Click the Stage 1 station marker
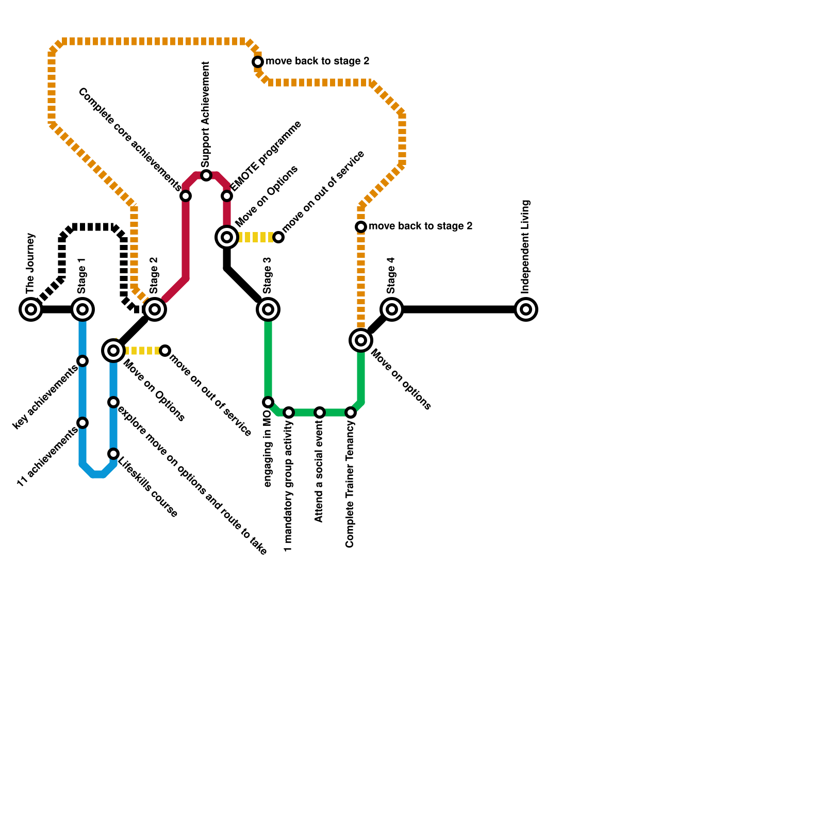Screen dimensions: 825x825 [82, 309]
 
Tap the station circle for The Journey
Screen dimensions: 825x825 [31, 309]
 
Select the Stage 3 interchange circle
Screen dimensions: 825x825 [268, 309]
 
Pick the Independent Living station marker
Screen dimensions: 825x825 [526, 309]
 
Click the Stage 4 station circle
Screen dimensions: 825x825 [392, 309]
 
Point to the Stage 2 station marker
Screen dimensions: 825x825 [155, 309]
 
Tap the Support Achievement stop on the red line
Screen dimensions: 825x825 [206, 175]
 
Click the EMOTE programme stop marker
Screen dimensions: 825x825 [227, 196]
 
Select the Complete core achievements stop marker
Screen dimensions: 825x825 [186, 196]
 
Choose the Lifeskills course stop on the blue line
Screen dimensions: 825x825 [113, 454]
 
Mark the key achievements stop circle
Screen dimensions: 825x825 [82, 361]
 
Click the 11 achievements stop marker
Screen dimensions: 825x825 [82, 423]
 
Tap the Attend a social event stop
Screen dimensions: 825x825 [320, 412]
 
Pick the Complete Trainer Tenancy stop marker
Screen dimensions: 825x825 [351, 412]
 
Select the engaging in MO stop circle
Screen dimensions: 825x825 [268, 402]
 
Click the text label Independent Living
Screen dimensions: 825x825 [525, 246]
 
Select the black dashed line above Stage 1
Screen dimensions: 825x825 [93, 227]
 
